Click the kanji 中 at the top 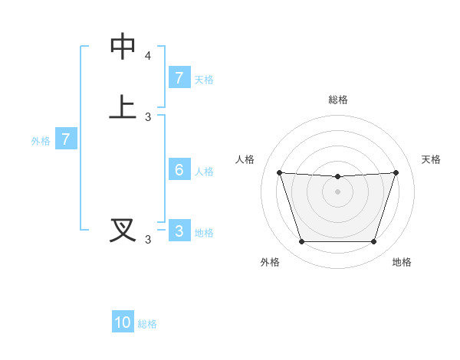(x=123, y=47)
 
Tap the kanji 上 (x=123, y=106)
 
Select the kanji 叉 (x=123, y=229)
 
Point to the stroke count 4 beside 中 (x=148, y=57)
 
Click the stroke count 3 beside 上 (x=148, y=117)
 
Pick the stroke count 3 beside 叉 (x=148, y=240)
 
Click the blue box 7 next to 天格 (x=179, y=78)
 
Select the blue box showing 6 (x=179, y=170)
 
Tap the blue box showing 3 (x=179, y=231)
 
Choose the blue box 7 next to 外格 (x=66, y=139)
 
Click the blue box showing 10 (x=123, y=322)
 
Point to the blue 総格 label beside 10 (x=147, y=324)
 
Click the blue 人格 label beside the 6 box (x=204, y=172)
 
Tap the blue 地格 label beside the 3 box (x=204, y=233)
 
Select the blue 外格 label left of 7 (x=40, y=141)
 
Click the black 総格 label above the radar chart (x=337, y=100)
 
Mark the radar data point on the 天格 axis (x=396, y=172)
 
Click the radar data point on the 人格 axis (x=279, y=172)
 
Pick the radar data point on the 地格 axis (x=374, y=242)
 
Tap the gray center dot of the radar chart (x=337, y=191)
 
